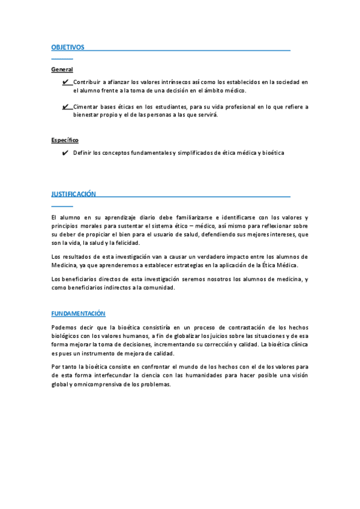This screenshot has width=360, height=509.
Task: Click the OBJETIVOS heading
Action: click(x=68, y=47)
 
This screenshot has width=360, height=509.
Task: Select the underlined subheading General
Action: click(x=62, y=70)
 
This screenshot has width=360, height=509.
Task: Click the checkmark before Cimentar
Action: click(x=65, y=107)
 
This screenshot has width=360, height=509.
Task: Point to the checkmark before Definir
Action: click(x=65, y=153)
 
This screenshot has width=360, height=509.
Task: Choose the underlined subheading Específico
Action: click(x=65, y=140)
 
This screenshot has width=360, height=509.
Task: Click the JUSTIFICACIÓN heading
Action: click(x=73, y=194)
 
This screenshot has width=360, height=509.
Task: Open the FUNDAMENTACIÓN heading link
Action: click(x=78, y=313)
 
